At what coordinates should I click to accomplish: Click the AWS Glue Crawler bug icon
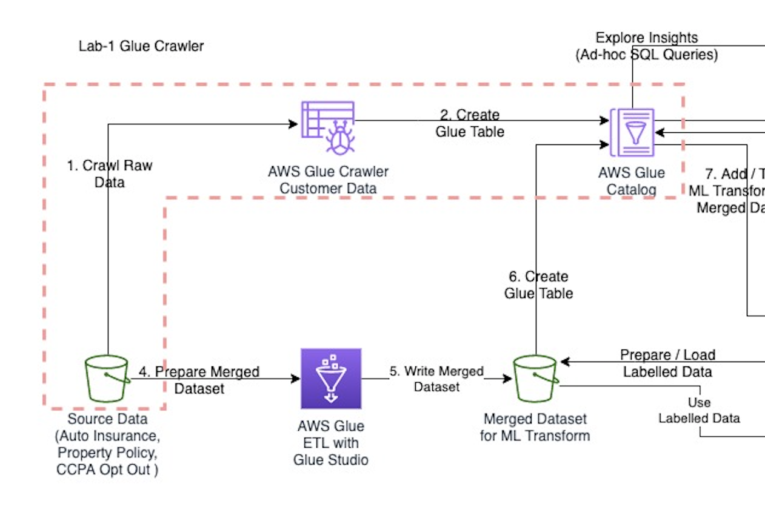click(x=329, y=128)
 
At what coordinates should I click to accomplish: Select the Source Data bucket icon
click(x=107, y=379)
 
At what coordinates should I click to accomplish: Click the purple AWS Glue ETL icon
click(x=331, y=378)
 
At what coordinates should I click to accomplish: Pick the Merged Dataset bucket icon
click(x=535, y=379)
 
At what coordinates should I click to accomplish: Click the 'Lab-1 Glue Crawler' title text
click(x=141, y=46)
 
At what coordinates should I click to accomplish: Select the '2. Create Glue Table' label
click(x=470, y=123)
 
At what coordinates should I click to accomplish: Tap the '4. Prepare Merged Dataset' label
click(x=199, y=380)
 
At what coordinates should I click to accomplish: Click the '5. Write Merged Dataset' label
click(x=436, y=378)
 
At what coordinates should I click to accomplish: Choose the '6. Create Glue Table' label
click(x=538, y=285)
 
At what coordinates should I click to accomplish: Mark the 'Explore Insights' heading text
click(x=647, y=38)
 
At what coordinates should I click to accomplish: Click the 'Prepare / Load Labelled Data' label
click(x=667, y=363)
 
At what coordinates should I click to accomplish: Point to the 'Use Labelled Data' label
click(x=699, y=410)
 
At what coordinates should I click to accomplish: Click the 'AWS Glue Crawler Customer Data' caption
click(x=328, y=180)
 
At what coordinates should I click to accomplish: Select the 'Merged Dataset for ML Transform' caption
click(x=535, y=427)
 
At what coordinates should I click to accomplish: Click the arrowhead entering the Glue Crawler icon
click(x=295, y=124)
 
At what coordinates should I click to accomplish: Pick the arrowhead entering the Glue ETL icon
click(x=296, y=379)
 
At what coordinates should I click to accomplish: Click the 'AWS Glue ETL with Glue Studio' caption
click(x=330, y=443)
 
